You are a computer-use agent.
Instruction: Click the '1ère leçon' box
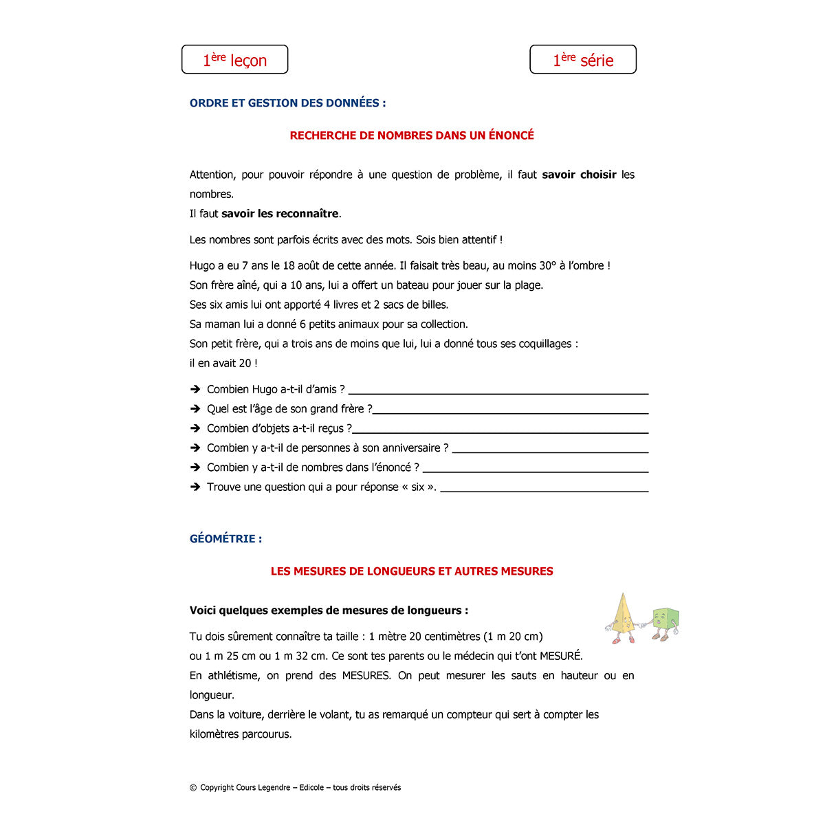(234, 60)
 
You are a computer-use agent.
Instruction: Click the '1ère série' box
(583, 60)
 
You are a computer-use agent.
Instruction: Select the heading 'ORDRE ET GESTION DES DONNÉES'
(287, 103)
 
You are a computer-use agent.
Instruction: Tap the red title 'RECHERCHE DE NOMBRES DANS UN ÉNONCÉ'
(412, 135)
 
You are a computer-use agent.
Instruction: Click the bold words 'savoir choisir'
(579, 175)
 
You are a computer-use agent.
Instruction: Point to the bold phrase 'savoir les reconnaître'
(280, 214)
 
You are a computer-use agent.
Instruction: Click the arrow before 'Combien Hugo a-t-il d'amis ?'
(195, 389)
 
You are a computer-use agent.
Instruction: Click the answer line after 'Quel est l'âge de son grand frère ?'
(510, 412)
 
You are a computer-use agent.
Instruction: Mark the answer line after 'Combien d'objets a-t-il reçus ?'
(500, 432)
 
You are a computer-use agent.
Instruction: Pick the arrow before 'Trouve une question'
(195, 487)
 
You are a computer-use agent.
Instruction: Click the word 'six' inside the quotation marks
(418, 487)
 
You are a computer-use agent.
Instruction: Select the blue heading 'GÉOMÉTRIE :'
(225, 539)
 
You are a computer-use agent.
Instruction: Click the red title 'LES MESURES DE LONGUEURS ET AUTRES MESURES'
(412, 571)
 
